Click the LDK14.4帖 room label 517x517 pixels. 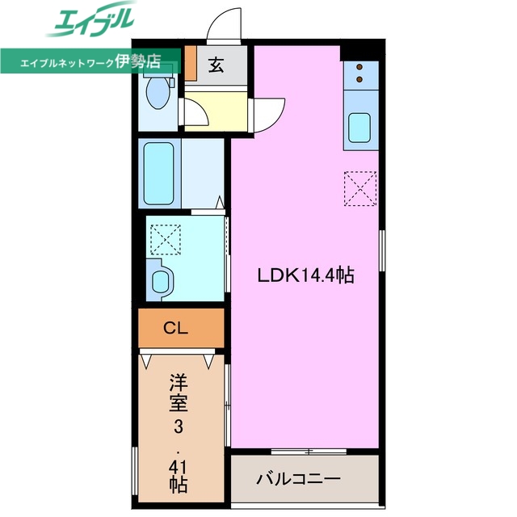pos(305,275)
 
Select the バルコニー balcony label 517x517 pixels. pos(299,478)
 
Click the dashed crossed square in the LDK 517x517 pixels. pos(359,188)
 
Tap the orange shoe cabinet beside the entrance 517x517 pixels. pos(191,63)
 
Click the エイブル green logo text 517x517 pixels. pos(90,22)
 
